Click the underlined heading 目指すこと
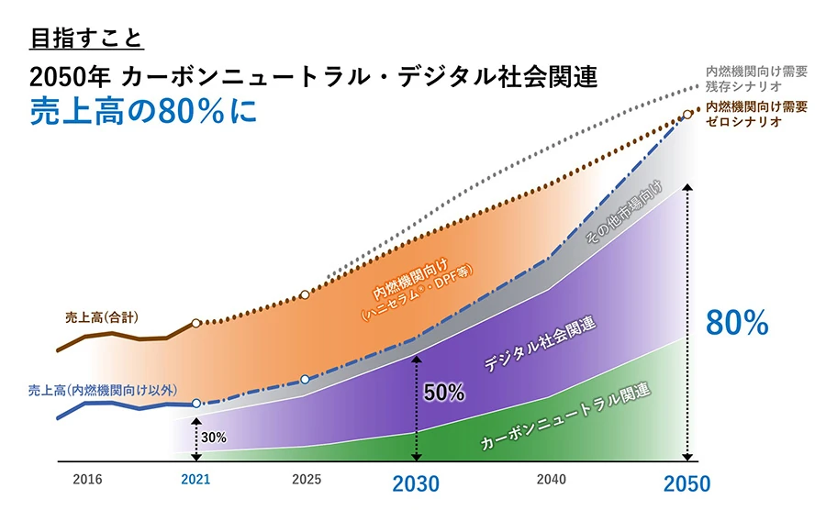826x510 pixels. click(x=87, y=39)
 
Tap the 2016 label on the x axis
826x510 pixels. click(x=87, y=479)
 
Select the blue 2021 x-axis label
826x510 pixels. click(x=195, y=479)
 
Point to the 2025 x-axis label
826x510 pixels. click(x=306, y=479)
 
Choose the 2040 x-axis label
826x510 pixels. click(x=551, y=479)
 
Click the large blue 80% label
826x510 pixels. click(x=736, y=323)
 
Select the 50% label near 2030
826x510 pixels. click(x=444, y=392)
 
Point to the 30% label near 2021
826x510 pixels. click(x=214, y=438)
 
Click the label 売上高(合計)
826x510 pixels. click(x=103, y=317)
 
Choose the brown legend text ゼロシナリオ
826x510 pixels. click(x=743, y=122)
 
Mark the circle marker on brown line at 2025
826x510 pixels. click(x=306, y=294)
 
